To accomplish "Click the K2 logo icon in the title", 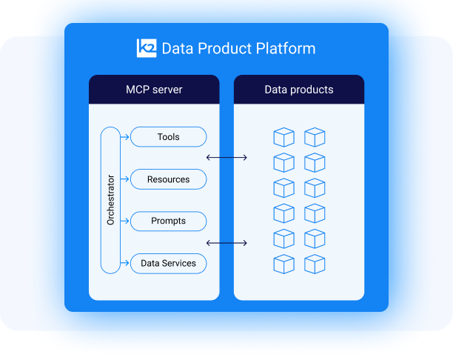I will tap(147, 48).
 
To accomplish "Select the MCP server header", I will tap(154, 90).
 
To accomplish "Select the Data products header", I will tap(299, 90).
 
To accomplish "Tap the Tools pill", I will tap(168, 137).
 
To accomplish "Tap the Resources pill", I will tap(168, 179).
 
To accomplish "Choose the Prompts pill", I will tap(168, 221).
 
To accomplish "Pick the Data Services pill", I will tap(168, 263).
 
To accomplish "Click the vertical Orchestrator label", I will tap(110, 200).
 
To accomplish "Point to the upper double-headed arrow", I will tap(226, 157).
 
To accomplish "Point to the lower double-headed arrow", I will tap(226, 242).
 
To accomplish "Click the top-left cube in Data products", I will tap(283, 137).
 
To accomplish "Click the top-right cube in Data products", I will tap(315, 137).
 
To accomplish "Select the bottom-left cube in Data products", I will tap(283, 264).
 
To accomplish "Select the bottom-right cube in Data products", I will tap(315, 264).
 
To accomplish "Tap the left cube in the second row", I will tap(283, 162).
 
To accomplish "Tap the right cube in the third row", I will tap(315, 187).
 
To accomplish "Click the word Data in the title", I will tap(177, 49).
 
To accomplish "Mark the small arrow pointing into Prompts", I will tap(127, 221).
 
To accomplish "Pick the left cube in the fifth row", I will tap(283, 239).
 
